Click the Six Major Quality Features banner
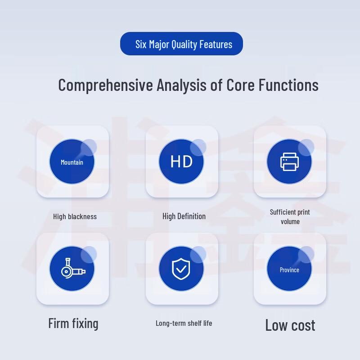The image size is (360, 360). click(181, 44)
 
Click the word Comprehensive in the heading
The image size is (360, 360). click(106, 85)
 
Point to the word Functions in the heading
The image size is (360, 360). click(288, 85)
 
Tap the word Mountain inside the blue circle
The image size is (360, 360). click(72, 162)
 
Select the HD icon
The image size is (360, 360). click(181, 162)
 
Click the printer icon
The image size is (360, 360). click(289, 162)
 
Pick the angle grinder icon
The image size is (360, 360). click(73, 269)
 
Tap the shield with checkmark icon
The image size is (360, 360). click(181, 269)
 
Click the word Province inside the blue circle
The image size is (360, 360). click(289, 270)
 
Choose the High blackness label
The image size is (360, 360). click(75, 216)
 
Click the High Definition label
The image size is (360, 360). click(184, 216)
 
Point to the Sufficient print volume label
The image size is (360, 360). click(290, 217)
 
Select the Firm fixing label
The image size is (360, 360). click(73, 323)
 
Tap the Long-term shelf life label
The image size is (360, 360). click(184, 323)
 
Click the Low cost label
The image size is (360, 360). click(290, 325)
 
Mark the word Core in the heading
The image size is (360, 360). click(240, 85)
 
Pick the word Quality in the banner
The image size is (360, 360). click(184, 44)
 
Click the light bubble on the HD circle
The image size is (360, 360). click(198, 148)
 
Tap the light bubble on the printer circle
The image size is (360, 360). click(306, 148)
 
